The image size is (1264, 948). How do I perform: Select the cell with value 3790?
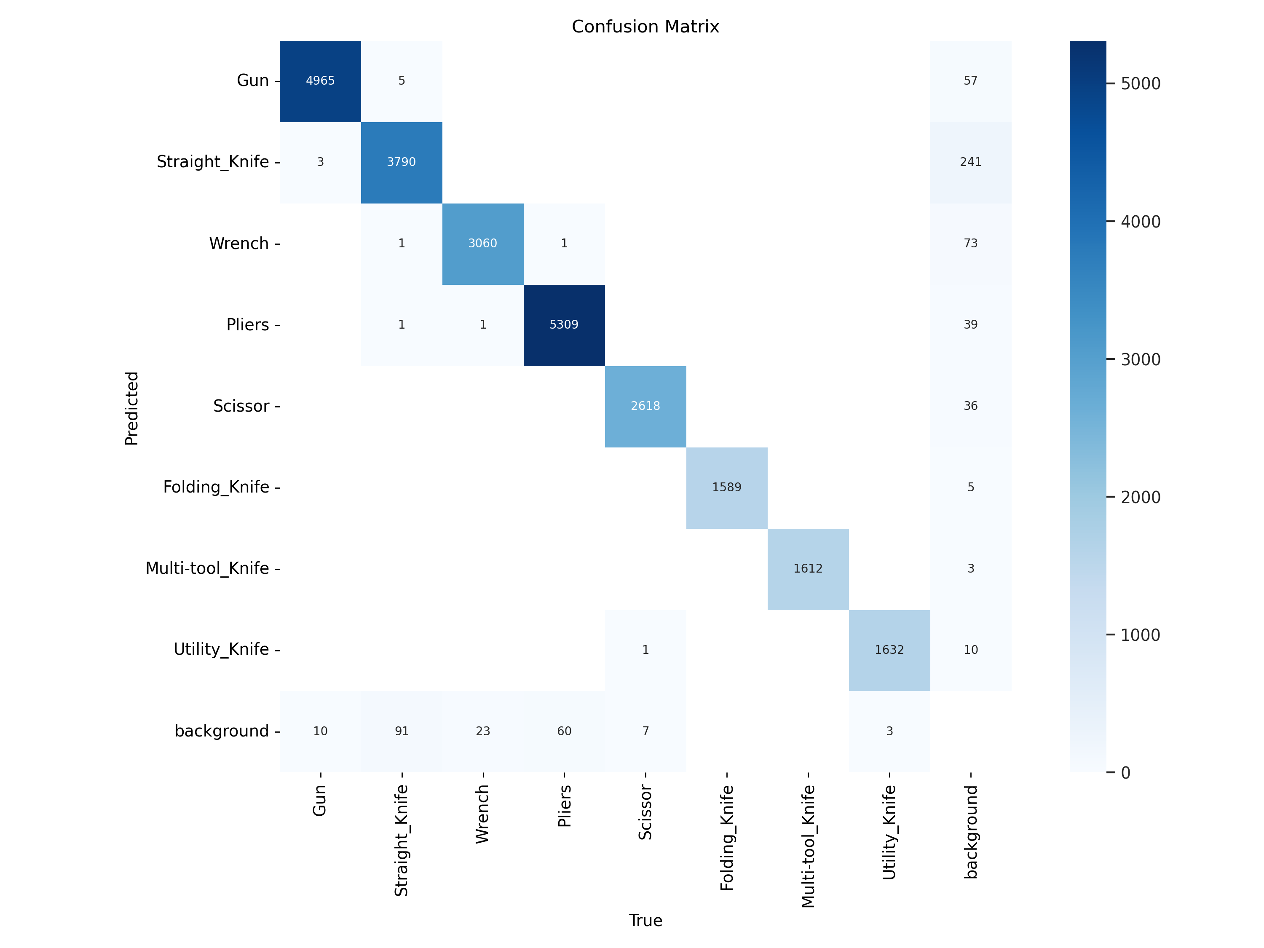pyautogui.click(x=401, y=162)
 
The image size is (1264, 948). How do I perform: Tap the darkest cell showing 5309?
pyautogui.click(x=564, y=324)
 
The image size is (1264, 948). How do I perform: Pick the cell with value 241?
pyautogui.click(x=970, y=162)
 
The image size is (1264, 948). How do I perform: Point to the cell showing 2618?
pyautogui.click(x=645, y=406)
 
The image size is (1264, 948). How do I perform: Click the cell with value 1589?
pyautogui.click(x=726, y=487)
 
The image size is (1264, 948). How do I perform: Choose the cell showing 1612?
pyautogui.click(x=808, y=568)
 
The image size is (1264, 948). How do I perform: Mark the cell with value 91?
pyautogui.click(x=401, y=731)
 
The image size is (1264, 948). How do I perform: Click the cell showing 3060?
pyautogui.click(x=483, y=244)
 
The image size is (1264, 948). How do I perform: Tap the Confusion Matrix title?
pyautogui.click(x=645, y=27)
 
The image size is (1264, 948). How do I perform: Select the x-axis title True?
pyautogui.click(x=645, y=921)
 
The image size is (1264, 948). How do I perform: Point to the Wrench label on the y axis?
pyautogui.click(x=239, y=244)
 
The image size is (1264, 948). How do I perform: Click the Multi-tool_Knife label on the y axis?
pyautogui.click(x=207, y=568)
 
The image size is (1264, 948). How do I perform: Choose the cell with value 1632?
pyautogui.click(x=889, y=650)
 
